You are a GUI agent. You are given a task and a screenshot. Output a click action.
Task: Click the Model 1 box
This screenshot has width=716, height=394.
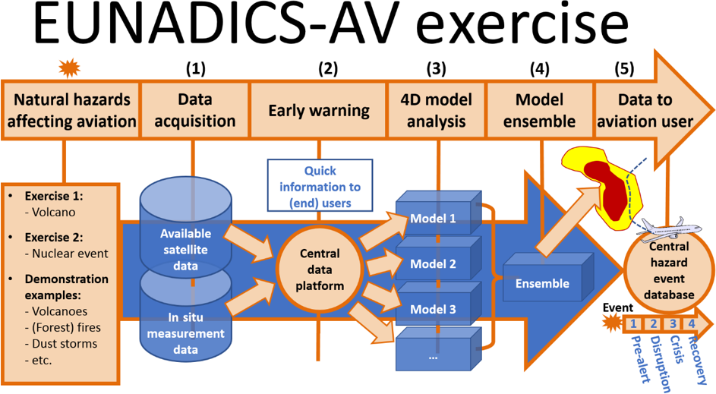point(434,219)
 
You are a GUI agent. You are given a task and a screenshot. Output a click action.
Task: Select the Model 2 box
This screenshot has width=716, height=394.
point(434,264)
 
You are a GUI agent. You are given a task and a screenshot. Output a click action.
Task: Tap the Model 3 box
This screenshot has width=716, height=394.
point(434,309)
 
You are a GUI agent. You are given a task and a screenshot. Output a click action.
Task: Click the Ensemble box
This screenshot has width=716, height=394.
point(542,283)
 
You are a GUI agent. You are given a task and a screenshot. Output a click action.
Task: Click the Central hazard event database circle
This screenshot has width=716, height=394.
point(669,270)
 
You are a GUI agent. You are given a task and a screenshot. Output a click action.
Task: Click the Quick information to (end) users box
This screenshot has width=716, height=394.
point(320,186)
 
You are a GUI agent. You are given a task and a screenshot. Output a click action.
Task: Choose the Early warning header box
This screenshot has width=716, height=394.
point(319,111)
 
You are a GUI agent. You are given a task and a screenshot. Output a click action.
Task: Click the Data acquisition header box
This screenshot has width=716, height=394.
point(196,111)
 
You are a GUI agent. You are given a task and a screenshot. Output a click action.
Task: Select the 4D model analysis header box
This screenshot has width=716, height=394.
point(435,111)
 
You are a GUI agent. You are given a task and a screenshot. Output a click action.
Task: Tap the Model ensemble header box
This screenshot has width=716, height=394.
point(539,111)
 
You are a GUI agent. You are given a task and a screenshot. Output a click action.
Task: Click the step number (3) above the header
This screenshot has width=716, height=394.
point(436,69)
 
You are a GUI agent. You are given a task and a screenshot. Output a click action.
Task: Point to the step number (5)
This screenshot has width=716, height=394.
point(624,69)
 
